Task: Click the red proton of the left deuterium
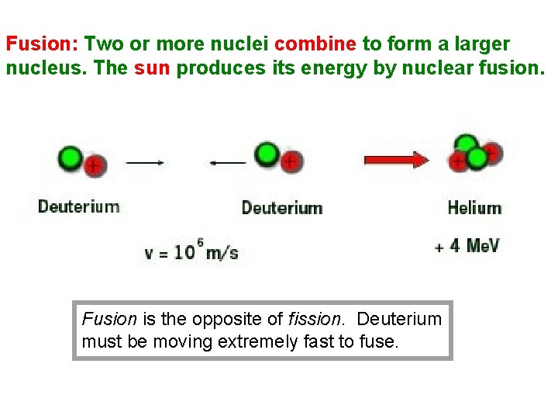pyautogui.click(x=95, y=165)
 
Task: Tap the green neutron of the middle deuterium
pyautogui.click(x=268, y=154)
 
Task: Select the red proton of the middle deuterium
pyautogui.click(x=291, y=162)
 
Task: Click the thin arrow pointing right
pyautogui.click(x=145, y=163)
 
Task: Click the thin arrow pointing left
pyautogui.click(x=228, y=163)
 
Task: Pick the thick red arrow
pyautogui.click(x=396, y=160)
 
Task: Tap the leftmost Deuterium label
pyautogui.click(x=79, y=206)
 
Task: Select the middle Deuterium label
pyautogui.click(x=282, y=208)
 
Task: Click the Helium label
pyautogui.click(x=474, y=208)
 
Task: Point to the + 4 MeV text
pyautogui.click(x=467, y=246)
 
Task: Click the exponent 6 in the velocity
pyautogui.click(x=200, y=243)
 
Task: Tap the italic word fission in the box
pyautogui.click(x=313, y=319)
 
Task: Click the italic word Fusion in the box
pyautogui.click(x=109, y=319)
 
